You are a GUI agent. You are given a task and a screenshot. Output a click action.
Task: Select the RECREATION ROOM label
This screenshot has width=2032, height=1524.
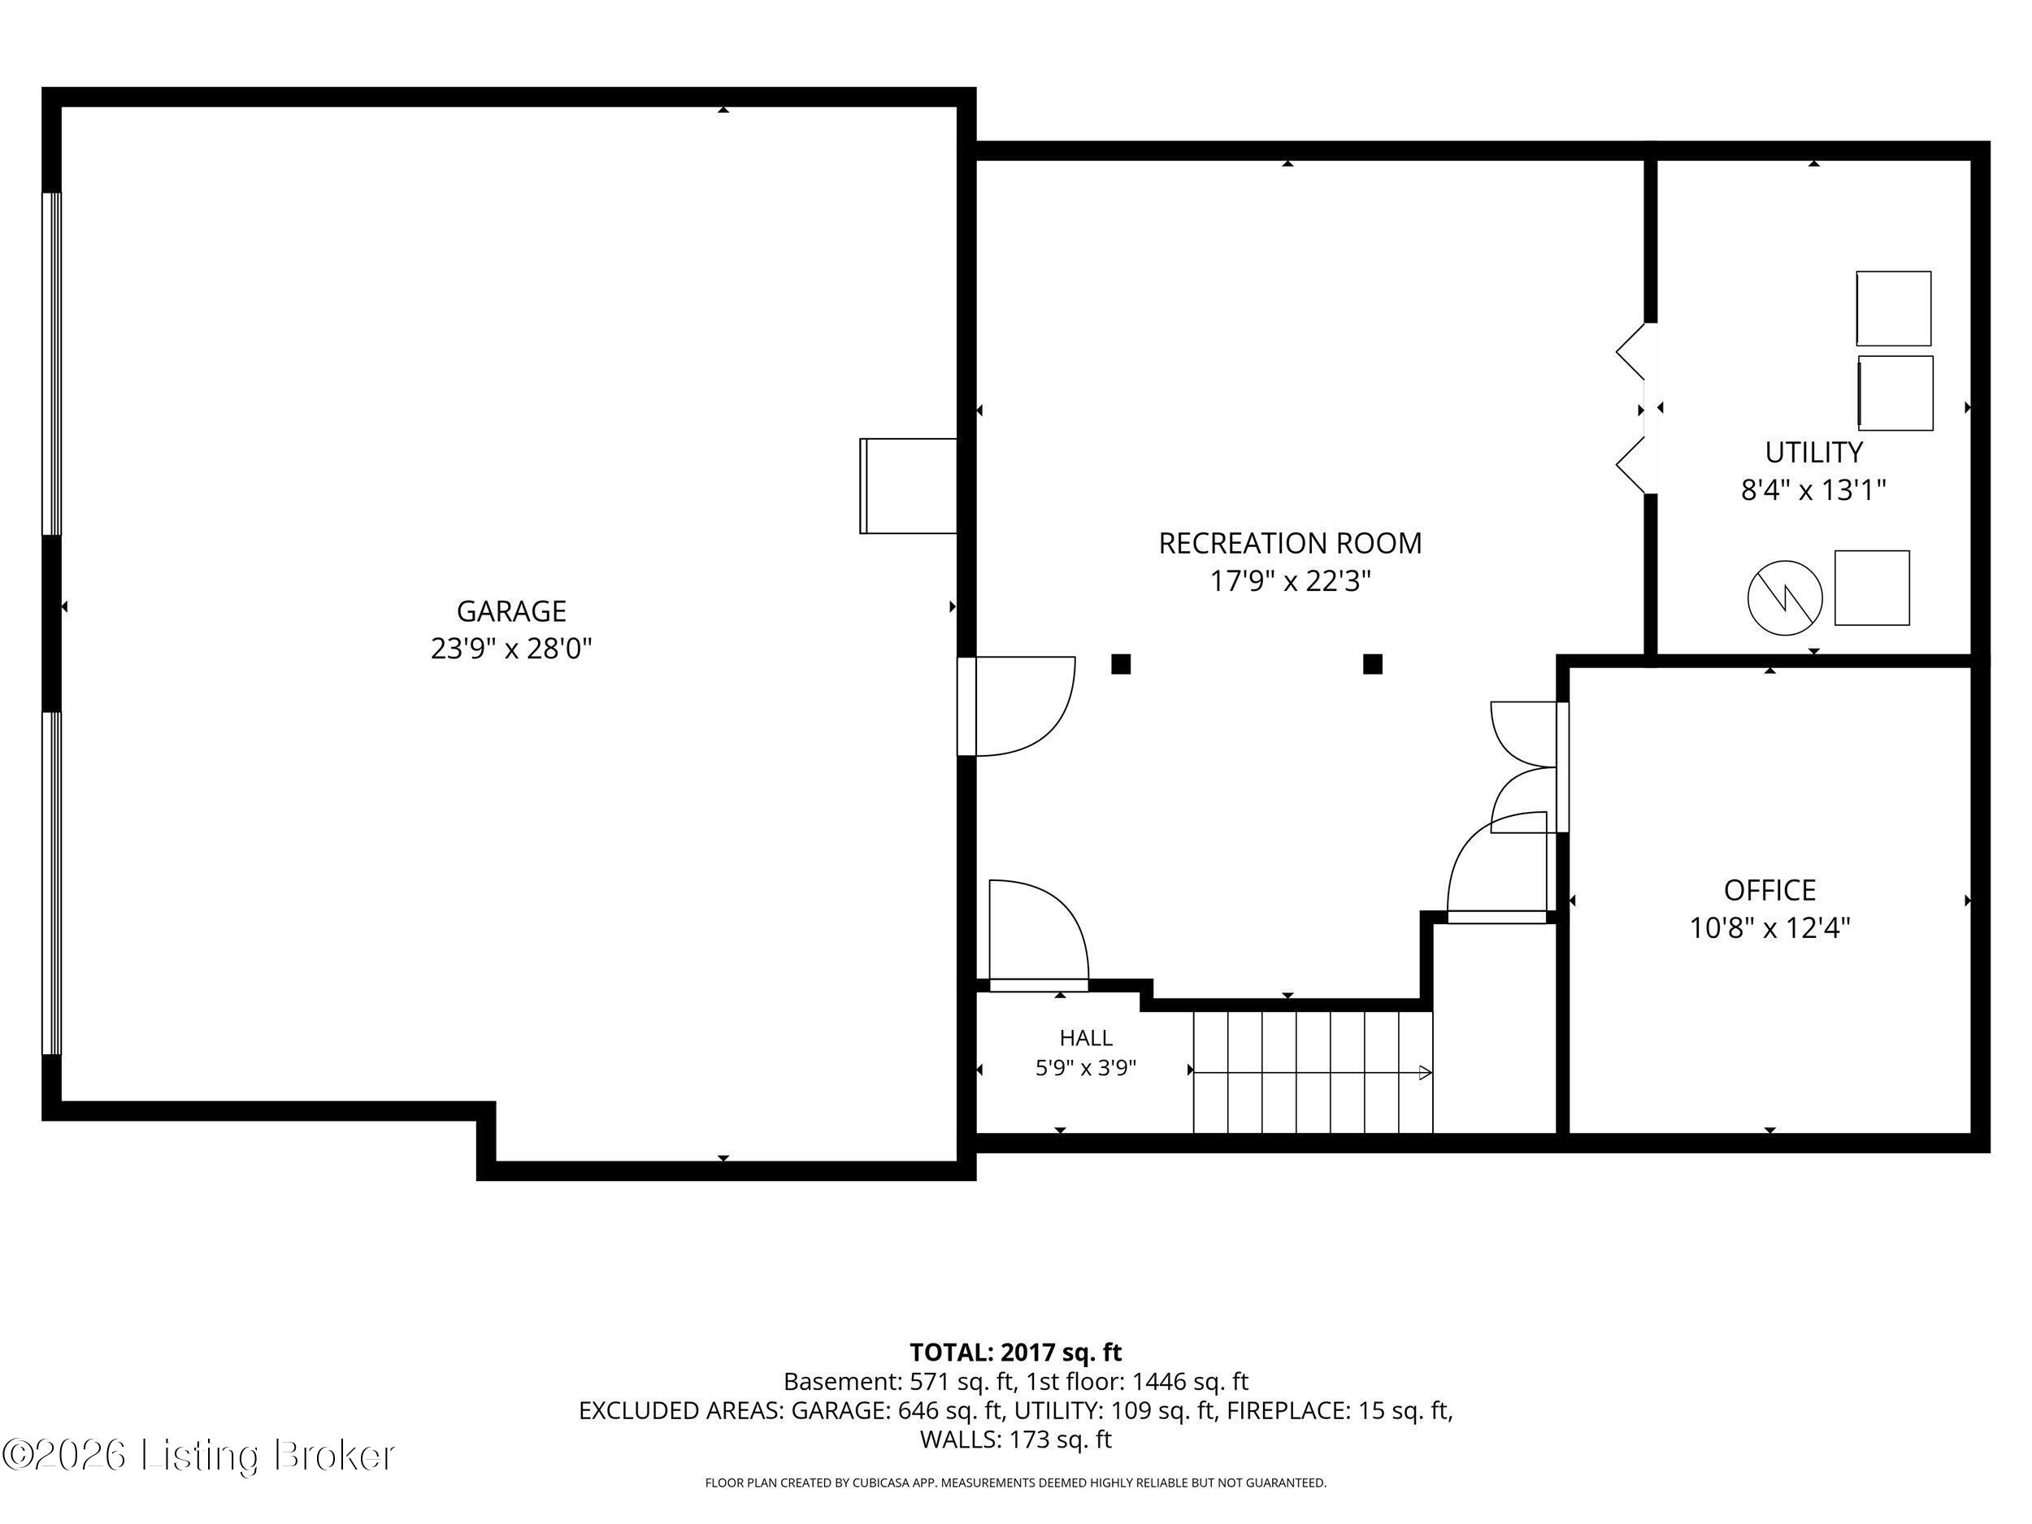click(1290, 544)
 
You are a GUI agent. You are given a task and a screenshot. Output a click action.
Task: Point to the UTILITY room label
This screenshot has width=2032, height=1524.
click(1813, 452)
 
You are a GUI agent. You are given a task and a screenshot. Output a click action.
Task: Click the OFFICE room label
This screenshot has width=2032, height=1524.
click(1769, 890)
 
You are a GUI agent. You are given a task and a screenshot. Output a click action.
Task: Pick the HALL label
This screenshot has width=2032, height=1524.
click(1086, 1038)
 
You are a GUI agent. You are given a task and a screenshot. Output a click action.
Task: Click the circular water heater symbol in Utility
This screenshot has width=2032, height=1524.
click(1784, 598)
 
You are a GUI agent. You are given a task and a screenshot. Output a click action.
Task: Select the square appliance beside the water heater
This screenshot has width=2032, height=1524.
click(1872, 588)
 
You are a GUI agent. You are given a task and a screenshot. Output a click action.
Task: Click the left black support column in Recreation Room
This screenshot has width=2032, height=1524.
click(1121, 664)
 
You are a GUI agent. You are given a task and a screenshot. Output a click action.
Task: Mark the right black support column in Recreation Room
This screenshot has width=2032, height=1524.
click(1373, 664)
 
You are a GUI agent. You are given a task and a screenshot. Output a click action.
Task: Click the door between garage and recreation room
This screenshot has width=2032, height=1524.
click(1015, 706)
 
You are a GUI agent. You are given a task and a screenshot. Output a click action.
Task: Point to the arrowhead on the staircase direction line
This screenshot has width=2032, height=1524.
click(1426, 1072)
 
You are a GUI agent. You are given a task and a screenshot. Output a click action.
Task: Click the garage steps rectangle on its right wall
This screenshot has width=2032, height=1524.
click(909, 486)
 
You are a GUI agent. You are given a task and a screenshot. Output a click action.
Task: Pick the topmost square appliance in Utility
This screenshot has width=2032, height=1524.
click(1893, 308)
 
